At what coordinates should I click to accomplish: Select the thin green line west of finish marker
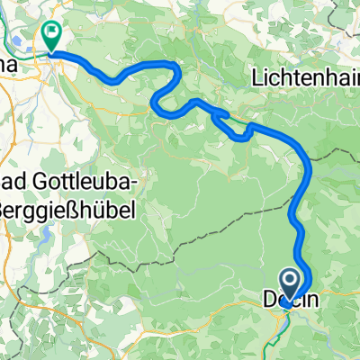click(27, 54)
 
